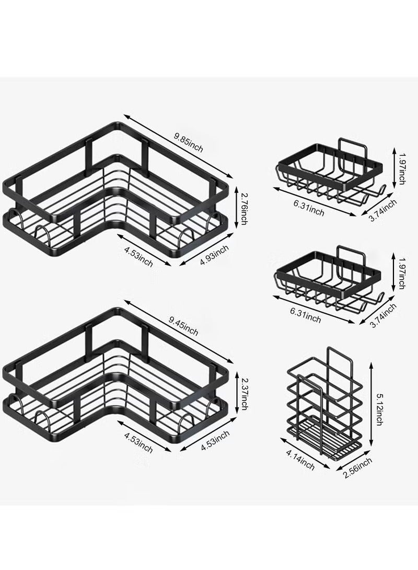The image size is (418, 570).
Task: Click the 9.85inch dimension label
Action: point(188,142)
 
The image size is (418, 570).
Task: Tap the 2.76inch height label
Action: point(244,208)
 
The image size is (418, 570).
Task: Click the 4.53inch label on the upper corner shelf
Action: point(138,256)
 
